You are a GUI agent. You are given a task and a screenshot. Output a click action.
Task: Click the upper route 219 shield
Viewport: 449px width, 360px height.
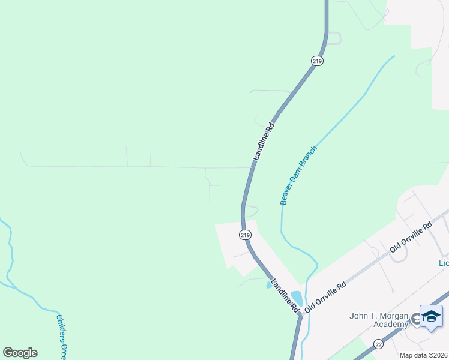317,61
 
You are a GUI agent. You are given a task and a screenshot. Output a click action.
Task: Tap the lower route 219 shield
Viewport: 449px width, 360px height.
244,235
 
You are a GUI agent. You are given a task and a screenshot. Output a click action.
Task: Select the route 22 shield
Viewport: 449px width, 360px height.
378,344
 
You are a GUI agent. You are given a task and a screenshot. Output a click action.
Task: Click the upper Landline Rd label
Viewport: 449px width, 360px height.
263,142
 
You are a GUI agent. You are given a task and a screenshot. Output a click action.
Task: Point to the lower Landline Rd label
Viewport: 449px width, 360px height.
285,294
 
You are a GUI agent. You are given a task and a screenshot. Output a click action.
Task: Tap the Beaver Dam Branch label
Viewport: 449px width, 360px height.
298,175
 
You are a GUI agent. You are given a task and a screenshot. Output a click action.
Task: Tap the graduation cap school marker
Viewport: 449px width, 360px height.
431,316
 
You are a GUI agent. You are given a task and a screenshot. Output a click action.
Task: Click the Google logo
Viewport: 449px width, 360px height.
20,353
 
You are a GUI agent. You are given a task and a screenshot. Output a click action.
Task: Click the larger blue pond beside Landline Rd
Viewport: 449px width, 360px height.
297,298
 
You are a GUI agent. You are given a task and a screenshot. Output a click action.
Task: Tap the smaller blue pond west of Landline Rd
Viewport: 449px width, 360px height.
269,285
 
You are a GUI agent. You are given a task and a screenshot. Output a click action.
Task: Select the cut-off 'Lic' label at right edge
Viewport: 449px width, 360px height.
444,263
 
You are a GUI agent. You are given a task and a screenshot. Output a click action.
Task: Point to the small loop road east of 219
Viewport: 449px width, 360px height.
252,211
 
